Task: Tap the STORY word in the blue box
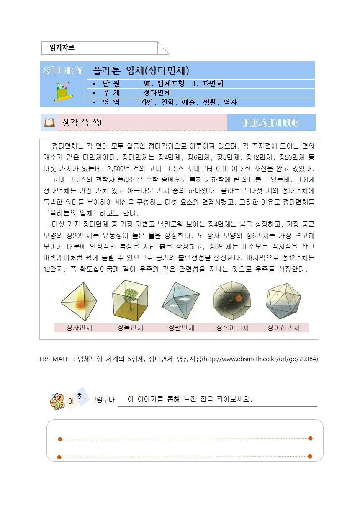(63, 70)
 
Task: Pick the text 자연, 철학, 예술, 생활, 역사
(189, 103)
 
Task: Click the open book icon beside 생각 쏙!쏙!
(49, 123)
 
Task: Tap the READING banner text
(271, 123)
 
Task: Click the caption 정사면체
(79, 328)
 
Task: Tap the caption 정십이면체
(232, 328)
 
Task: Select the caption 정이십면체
(283, 328)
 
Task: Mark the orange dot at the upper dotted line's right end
(310, 439)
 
